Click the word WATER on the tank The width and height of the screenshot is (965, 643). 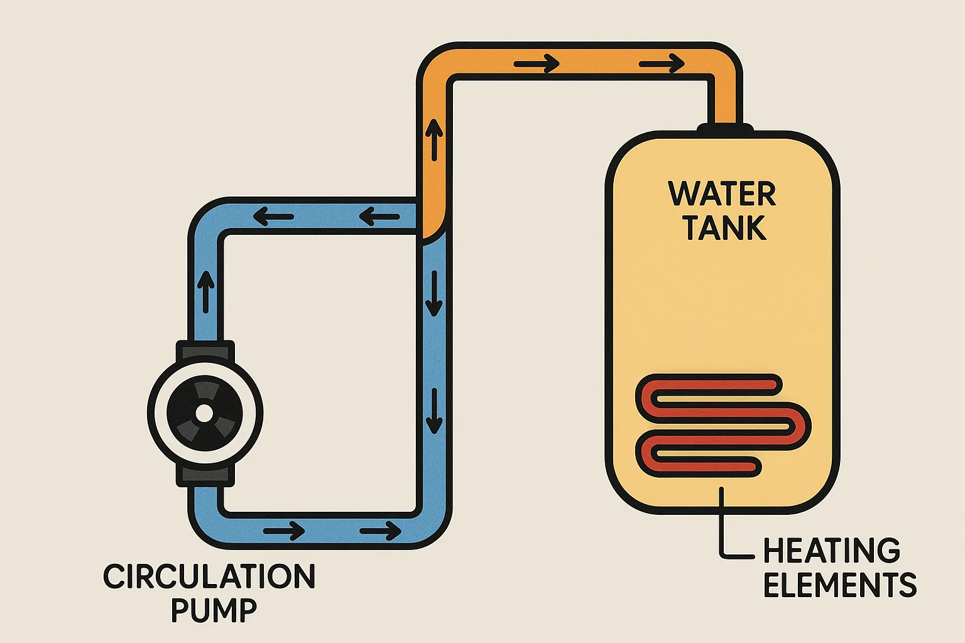[x=722, y=194]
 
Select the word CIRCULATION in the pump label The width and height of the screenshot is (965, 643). [x=209, y=576]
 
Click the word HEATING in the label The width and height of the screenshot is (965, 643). [x=832, y=551]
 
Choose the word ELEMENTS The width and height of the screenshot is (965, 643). [x=840, y=585]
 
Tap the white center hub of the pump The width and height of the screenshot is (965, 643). [x=204, y=413]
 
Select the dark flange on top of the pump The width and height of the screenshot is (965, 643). [x=205, y=352]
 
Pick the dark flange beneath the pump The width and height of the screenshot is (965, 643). [x=205, y=475]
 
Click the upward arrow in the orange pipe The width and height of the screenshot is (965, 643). [x=434, y=141]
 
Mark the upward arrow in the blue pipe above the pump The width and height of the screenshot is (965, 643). [x=205, y=292]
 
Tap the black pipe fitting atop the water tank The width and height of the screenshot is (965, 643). [x=725, y=128]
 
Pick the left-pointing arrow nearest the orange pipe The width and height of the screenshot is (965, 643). [x=379, y=217]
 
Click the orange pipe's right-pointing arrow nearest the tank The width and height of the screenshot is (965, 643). [x=662, y=64]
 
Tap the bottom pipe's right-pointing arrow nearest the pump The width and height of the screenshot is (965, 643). [x=284, y=531]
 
